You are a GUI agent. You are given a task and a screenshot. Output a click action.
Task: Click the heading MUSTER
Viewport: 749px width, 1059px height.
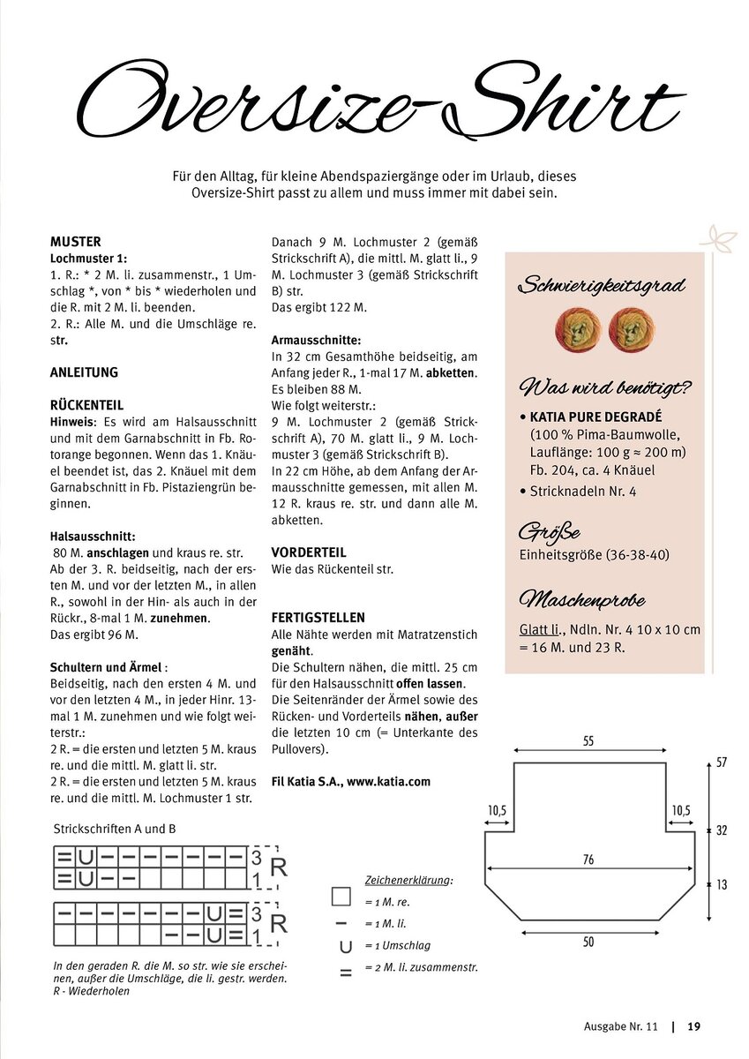pyautogui.click(x=76, y=241)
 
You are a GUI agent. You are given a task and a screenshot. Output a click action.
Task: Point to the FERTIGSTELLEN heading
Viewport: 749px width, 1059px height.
pyautogui.click(x=318, y=618)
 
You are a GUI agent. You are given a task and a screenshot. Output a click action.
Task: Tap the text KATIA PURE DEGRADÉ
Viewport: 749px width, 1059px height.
pyautogui.click(x=595, y=417)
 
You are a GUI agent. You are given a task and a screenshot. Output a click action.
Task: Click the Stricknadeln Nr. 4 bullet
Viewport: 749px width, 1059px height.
pyautogui.click(x=582, y=491)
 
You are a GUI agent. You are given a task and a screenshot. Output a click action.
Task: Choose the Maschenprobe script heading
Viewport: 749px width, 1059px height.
pyautogui.click(x=582, y=601)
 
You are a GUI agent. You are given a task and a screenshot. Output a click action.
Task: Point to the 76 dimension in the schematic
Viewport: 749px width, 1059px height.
pyautogui.click(x=588, y=860)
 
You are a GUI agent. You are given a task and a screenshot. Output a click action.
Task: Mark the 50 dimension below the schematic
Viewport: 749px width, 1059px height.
pyautogui.click(x=588, y=942)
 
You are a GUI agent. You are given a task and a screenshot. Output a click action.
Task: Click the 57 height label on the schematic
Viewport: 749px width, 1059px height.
pyautogui.click(x=722, y=762)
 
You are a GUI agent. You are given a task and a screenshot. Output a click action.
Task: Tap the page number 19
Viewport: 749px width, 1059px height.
pyautogui.click(x=693, y=1026)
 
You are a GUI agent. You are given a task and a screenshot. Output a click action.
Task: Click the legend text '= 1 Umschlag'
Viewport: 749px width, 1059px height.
pyautogui.click(x=397, y=945)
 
